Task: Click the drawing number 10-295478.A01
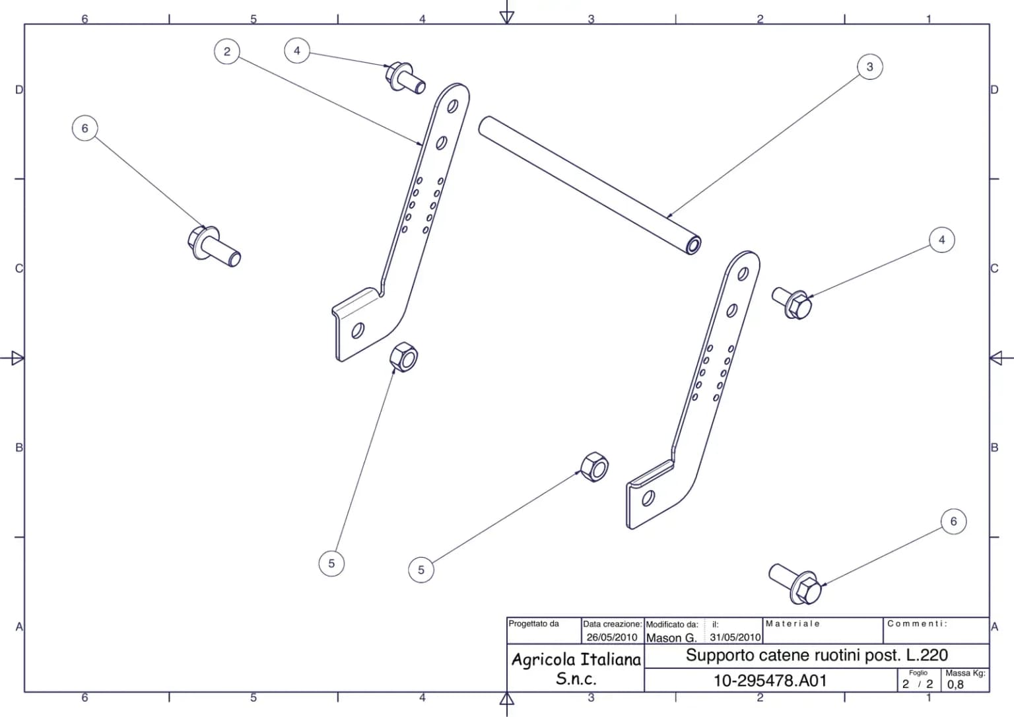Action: click(x=770, y=681)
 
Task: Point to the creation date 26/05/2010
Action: click(x=612, y=637)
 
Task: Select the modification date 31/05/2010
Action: click(x=735, y=637)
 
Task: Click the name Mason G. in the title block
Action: click(x=671, y=638)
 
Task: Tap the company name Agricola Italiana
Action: click(x=576, y=660)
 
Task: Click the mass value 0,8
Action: click(x=955, y=685)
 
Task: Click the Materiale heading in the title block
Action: click(x=793, y=624)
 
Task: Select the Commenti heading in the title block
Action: click(x=917, y=624)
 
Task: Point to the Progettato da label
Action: click(x=533, y=624)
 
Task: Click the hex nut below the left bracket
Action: click(x=403, y=357)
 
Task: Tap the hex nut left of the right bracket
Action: click(x=594, y=467)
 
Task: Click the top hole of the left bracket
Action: click(x=452, y=106)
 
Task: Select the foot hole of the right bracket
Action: click(x=648, y=498)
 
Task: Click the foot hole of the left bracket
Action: click(x=358, y=331)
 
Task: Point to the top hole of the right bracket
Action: click(x=743, y=274)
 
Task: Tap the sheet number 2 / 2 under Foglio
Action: click(x=918, y=684)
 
